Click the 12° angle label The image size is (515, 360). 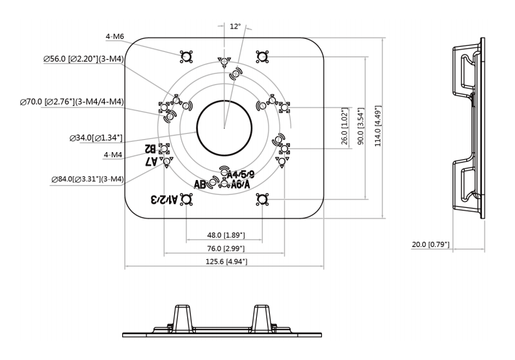(235, 27)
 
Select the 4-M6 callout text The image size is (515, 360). (114, 37)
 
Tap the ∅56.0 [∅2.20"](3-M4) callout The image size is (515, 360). (84, 59)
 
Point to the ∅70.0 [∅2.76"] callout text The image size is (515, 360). (72, 101)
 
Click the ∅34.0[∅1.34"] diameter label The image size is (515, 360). (96, 138)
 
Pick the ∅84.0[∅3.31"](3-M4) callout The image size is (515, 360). (88, 179)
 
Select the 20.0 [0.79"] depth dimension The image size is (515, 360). (430, 244)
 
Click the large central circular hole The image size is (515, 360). (224, 127)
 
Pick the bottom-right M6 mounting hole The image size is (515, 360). (262, 198)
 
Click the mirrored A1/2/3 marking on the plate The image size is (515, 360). (164, 199)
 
